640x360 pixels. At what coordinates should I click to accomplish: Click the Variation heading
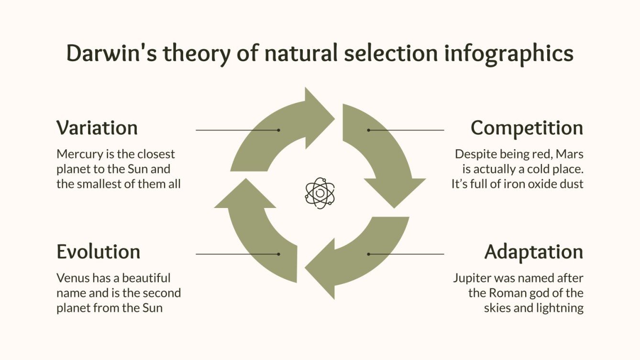(x=97, y=128)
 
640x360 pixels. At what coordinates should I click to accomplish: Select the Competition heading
(x=527, y=128)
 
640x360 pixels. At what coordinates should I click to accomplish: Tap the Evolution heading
(x=98, y=252)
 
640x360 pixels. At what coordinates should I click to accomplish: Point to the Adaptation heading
(x=533, y=252)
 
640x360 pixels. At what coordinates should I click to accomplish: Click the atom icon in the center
(x=320, y=193)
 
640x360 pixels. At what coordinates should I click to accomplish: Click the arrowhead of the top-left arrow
(x=318, y=115)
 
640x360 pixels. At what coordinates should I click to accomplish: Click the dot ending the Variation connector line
(x=278, y=130)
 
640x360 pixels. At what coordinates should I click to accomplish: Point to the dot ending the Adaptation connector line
(x=368, y=254)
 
